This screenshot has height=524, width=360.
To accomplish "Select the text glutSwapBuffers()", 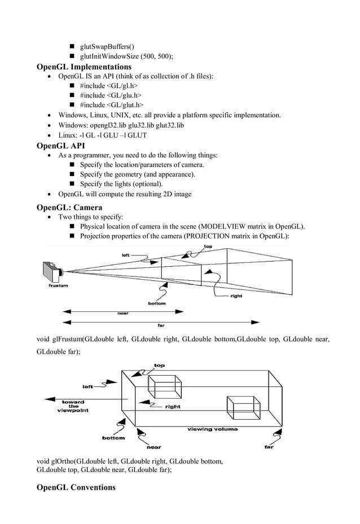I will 107,46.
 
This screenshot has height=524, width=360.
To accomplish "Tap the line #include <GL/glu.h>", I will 111,95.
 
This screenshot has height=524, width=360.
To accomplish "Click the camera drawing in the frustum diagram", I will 52,273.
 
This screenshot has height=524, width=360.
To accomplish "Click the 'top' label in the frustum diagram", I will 208,247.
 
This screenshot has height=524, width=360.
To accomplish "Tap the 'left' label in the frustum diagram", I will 125,255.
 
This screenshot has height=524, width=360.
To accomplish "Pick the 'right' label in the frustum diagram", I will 237,296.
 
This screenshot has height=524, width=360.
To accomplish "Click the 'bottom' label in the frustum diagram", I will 156,303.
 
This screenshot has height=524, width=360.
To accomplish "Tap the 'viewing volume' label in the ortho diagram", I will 212,429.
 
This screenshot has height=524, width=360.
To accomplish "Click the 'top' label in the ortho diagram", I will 160,366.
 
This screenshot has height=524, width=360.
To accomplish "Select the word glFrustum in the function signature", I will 67,339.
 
